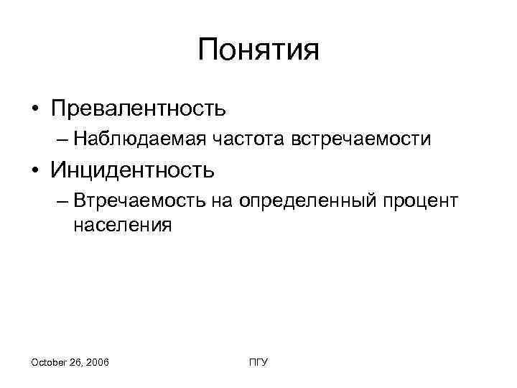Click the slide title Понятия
click(258, 51)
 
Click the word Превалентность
click(139, 108)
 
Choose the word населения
click(122, 225)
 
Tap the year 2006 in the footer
click(96, 364)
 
